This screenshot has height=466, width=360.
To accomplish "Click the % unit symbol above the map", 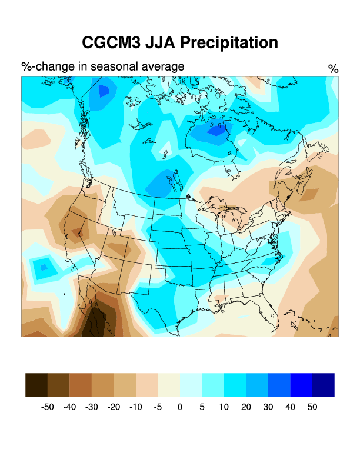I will (x=333, y=69).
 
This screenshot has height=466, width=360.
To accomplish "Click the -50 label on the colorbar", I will (x=48, y=407).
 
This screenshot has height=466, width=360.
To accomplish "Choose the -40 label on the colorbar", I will (x=69, y=407).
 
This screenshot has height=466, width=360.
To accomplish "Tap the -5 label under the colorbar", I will (x=158, y=407).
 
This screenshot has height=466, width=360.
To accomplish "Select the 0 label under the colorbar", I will (x=180, y=407).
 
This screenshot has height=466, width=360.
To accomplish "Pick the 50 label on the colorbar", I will (x=312, y=407).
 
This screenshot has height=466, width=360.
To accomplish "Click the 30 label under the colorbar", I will (x=268, y=407).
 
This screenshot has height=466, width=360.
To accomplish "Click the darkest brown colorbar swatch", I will (x=36, y=384).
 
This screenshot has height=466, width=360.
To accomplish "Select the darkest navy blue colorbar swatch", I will (x=324, y=384).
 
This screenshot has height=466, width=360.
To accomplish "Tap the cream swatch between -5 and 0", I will (x=169, y=384).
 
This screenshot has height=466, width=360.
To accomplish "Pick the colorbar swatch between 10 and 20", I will (x=235, y=384).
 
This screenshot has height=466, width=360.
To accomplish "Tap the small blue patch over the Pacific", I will (x=42, y=268).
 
